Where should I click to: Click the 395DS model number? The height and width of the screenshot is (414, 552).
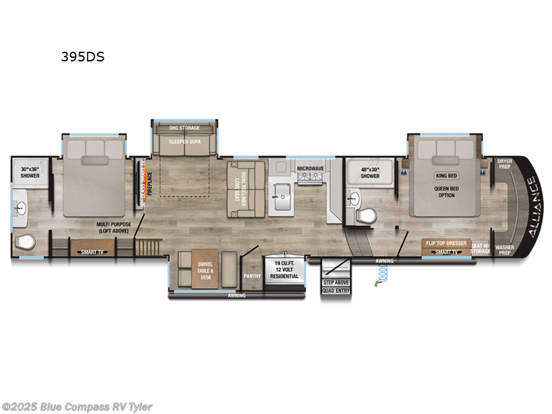coord(82,57)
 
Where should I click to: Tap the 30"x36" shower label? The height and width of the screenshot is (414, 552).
coord(30,173)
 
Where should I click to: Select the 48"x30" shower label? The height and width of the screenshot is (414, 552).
coord(370,173)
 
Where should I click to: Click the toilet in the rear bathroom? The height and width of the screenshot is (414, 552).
coord(25,243)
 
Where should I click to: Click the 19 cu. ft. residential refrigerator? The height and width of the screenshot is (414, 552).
coord(286,269)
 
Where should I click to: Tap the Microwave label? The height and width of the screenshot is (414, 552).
coord(310,168)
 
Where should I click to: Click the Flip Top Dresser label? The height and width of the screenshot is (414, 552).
coord(446,244)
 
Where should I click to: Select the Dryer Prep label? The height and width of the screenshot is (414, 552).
coord(504,164)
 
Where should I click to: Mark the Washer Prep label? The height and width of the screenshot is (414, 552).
coord(504,249)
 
